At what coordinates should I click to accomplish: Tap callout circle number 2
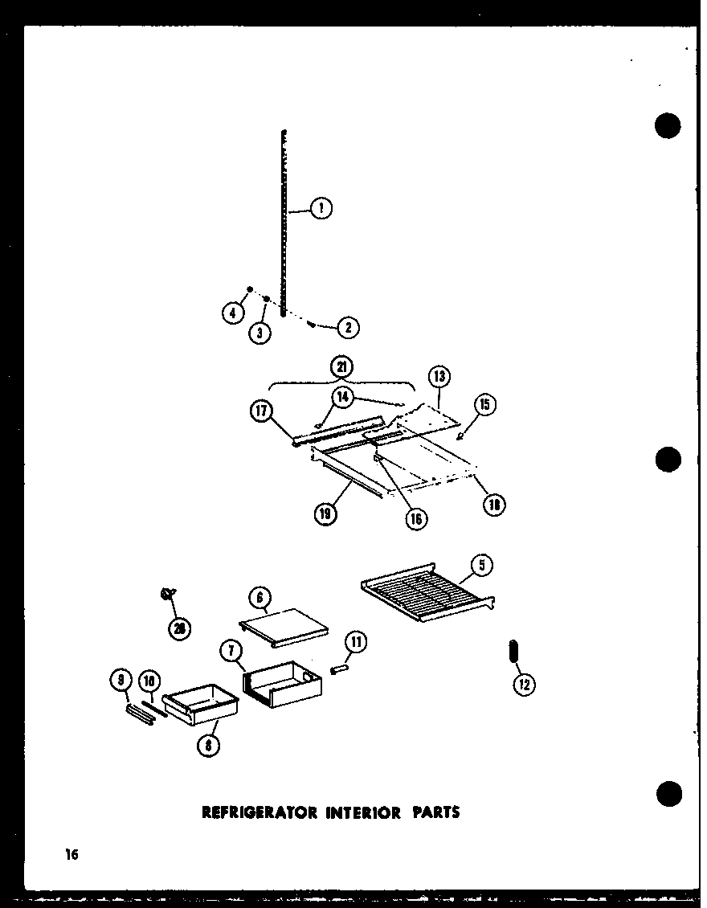pyautogui.click(x=348, y=327)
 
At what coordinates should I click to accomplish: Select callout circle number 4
pyautogui.click(x=233, y=314)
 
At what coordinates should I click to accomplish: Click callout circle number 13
pyautogui.click(x=439, y=376)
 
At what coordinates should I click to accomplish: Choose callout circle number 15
pyautogui.click(x=486, y=404)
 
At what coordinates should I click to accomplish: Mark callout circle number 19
pyautogui.click(x=326, y=513)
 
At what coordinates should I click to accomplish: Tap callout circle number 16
pyautogui.click(x=415, y=517)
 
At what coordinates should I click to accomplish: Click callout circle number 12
pyautogui.click(x=525, y=684)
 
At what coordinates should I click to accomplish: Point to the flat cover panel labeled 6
pyautogui.click(x=284, y=626)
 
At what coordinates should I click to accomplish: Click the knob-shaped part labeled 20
pyautogui.click(x=168, y=594)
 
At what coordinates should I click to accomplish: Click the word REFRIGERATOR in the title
pyautogui.click(x=251, y=812)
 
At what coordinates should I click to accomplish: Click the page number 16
pyautogui.click(x=72, y=855)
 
